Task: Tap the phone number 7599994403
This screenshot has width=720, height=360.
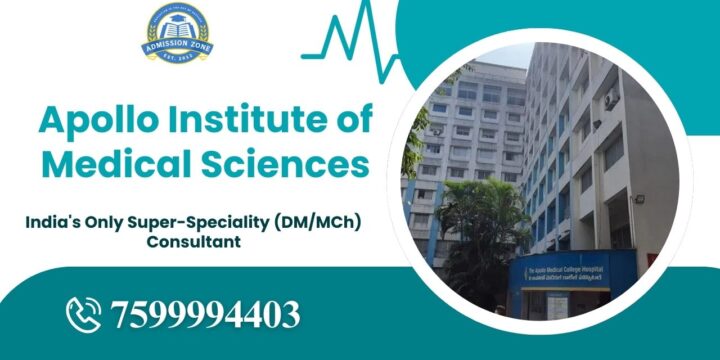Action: click(207, 315)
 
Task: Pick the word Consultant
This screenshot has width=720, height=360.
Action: click(193, 241)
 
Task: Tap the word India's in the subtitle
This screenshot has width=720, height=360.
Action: click(52, 221)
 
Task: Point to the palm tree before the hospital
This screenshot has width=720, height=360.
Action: click(480, 225)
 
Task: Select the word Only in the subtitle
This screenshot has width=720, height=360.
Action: click(104, 221)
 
